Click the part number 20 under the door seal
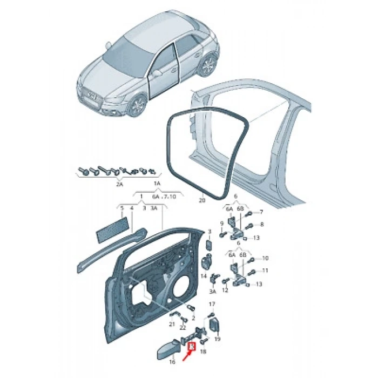(x=202, y=200)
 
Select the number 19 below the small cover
(x=218, y=340)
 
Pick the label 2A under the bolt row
(x=119, y=184)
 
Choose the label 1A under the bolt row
(x=157, y=184)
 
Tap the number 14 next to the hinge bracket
(x=204, y=276)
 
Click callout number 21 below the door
(x=172, y=324)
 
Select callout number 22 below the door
(x=183, y=328)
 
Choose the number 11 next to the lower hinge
(x=265, y=270)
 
